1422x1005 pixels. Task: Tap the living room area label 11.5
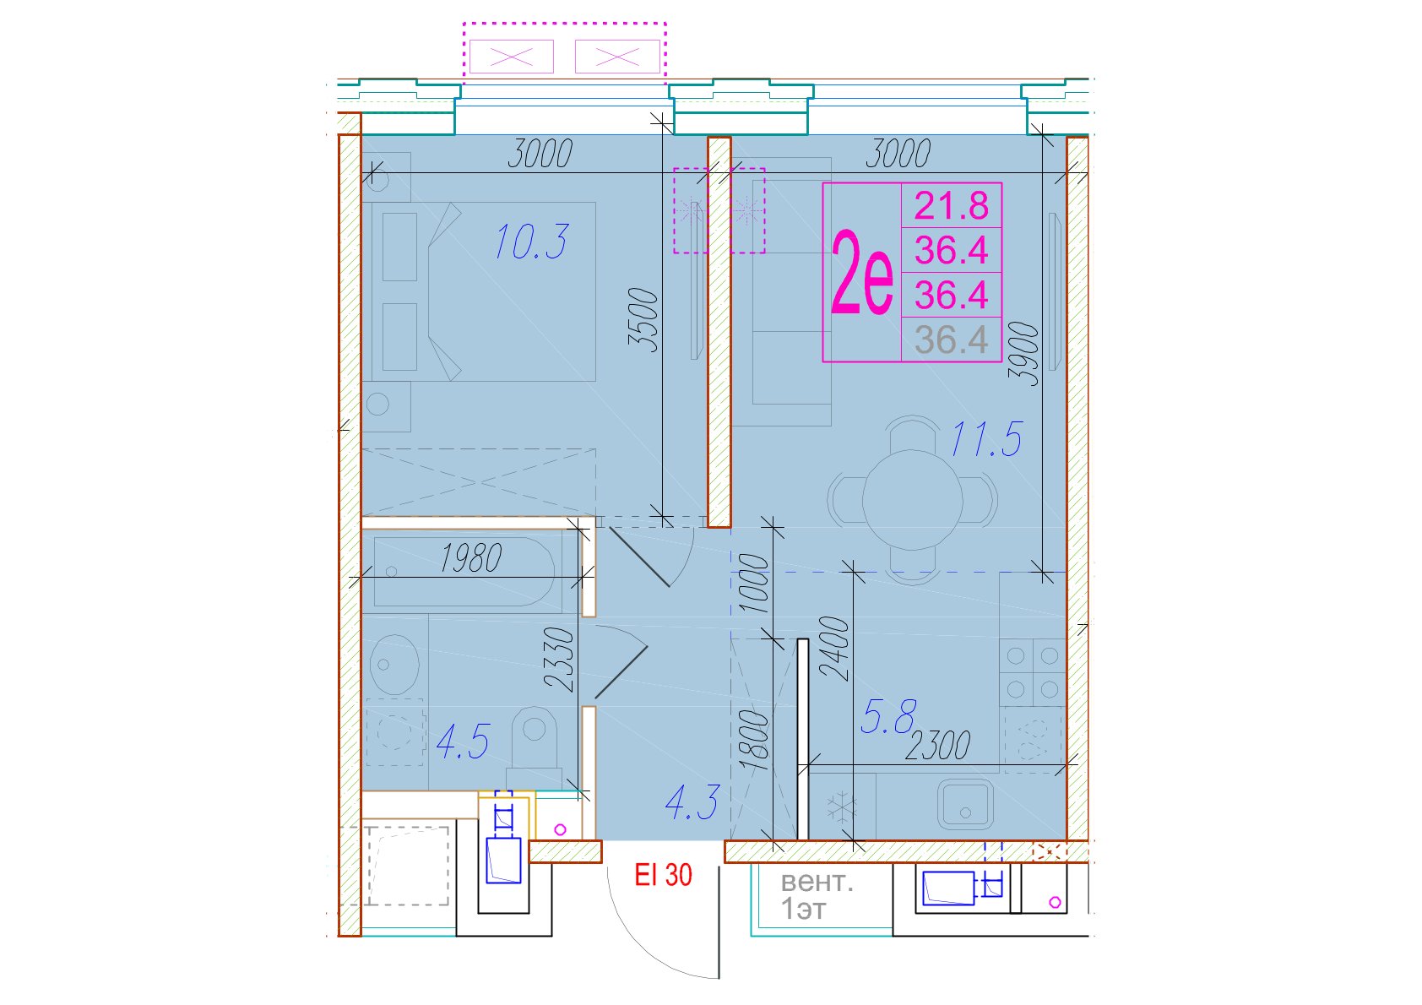click(x=986, y=439)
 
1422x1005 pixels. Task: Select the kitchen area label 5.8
click(x=888, y=717)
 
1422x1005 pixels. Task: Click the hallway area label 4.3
click(x=692, y=801)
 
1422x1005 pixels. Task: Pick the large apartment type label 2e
click(x=861, y=273)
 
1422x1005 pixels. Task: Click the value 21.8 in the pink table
click(x=951, y=206)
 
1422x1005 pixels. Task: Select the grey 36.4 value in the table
click(x=951, y=340)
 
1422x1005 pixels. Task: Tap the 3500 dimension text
click(x=643, y=320)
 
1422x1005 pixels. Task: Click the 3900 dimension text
click(x=1023, y=354)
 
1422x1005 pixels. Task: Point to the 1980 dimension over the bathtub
click(x=471, y=558)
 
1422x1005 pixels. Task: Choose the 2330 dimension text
click(x=559, y=659)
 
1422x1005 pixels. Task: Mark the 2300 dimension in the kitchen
click(x=937, y=746)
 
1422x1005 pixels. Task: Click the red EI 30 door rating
click(x=663, y=875)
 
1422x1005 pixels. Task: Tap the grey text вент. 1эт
click(x=817, y=896)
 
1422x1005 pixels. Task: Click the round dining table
click(x=912, y=500)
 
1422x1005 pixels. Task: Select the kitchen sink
click(x=965, y=804)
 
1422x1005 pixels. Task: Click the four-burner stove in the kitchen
click(x=1032, y=672)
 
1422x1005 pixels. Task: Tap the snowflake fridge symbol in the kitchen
click(x=842, y=808)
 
